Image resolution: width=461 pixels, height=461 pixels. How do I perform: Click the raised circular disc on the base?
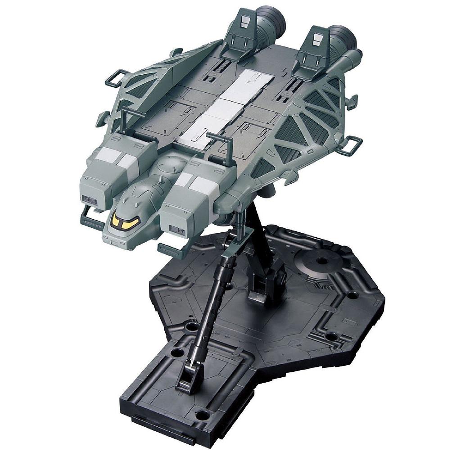coord(321,260)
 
